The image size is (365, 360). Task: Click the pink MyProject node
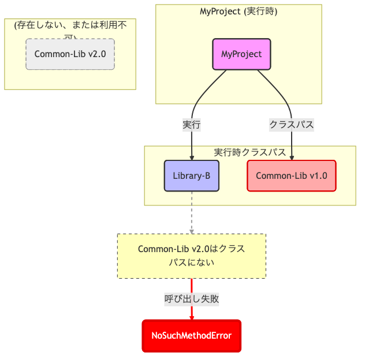[241, 54]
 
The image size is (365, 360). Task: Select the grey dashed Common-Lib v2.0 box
[70, 54]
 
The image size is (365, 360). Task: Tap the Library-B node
[191, 175]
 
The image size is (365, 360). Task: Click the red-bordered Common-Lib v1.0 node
[291, 175]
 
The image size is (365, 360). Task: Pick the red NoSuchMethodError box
[191, 335]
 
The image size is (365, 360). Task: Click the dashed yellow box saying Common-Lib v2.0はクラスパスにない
[191, 256]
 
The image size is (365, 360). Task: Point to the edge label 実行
[191, 124]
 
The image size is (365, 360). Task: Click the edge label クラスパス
[291, 124]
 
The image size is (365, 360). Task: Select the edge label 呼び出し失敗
[191, 299]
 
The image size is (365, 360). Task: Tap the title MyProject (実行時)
[239, 11]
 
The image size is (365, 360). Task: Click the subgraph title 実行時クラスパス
[249, 152]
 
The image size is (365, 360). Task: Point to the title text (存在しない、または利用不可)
[70, 27]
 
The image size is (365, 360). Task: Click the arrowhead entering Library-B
[191, 157]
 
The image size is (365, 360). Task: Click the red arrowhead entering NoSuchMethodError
[191, 317]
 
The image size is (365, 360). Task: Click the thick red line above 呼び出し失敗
[191, 285]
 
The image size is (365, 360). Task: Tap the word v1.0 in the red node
[317, 175]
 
